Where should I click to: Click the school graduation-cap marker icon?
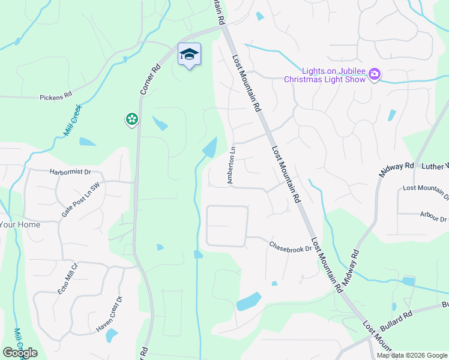[x=190, y=55]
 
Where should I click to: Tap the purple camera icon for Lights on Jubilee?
[x=375, y=74]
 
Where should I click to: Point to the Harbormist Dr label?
[x=70, y=172]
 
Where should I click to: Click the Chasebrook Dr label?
[x=291, y=247]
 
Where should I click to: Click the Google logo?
[x=20, y=353]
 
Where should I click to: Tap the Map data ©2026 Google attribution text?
[x=412, y=355]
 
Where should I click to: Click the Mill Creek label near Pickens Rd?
[x=73, y=119]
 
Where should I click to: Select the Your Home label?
[x=20, y=225]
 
